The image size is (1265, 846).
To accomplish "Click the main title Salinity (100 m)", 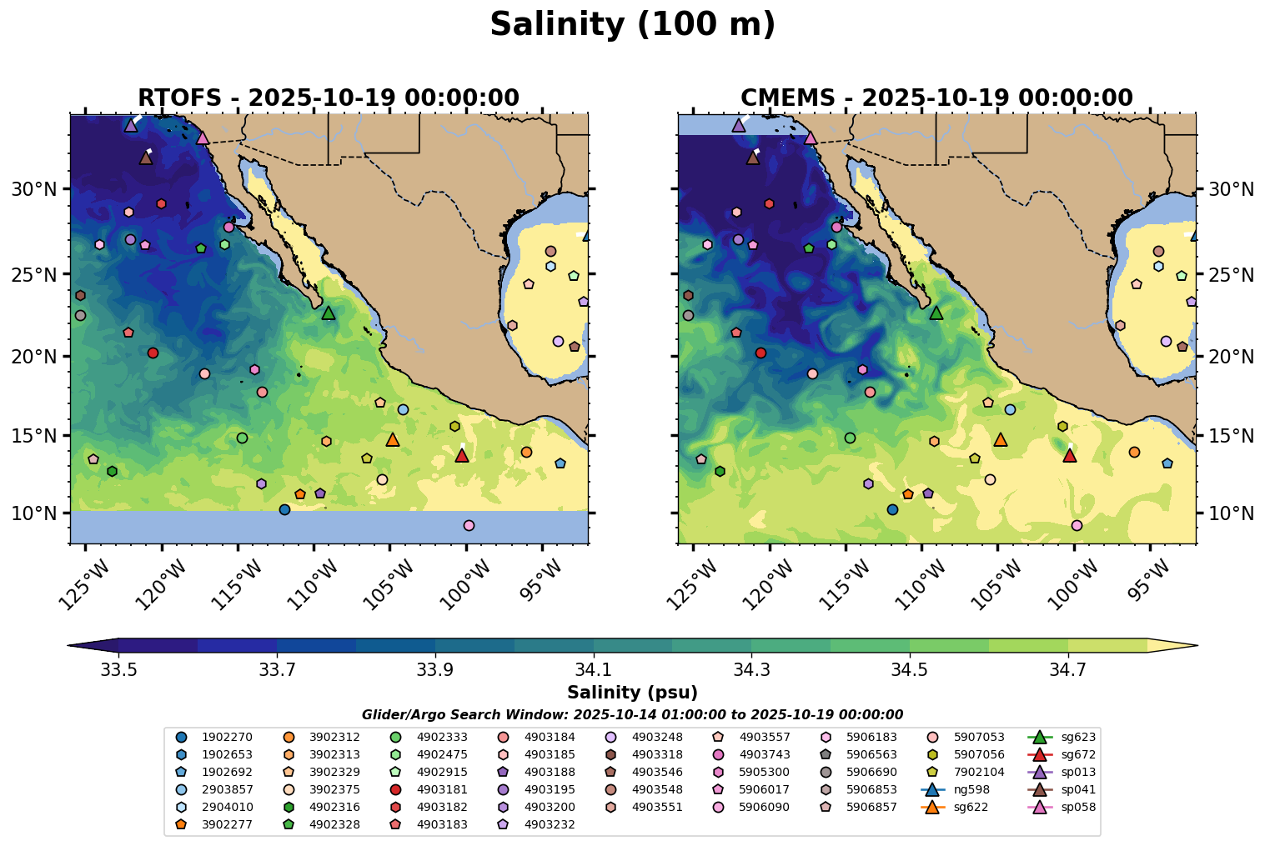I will (632, 25).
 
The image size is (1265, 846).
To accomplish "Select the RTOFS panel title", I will (329, 98).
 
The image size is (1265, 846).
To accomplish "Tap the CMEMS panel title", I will (936, 98).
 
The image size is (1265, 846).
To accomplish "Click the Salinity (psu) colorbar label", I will (632, 693).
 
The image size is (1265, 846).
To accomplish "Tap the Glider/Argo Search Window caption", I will (632, 715).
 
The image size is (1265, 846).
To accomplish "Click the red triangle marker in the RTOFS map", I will (462, 455).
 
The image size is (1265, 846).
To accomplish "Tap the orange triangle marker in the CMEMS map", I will (1001, 439).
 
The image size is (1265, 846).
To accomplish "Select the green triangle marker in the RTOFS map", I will (329, 313).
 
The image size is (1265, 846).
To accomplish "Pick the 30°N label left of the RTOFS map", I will (33, 190).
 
